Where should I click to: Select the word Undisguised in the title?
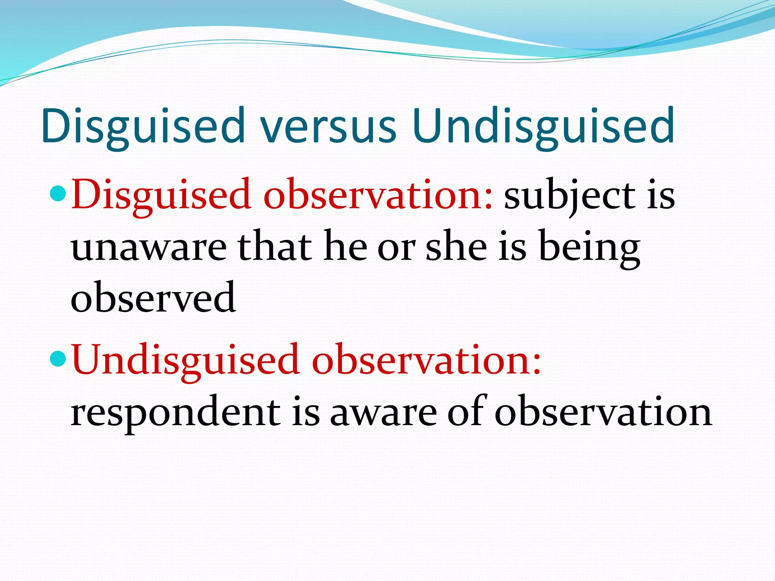[x=544, y=127]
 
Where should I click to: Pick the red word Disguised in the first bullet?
[x=161, y=195]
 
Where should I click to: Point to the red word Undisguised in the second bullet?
[x=185, y=359]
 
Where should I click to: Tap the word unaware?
[x=149, y=248]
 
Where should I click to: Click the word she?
[x=456, y=248]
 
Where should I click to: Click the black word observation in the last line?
[x=603, y=412]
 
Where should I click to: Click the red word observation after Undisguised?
[x=426, y=359]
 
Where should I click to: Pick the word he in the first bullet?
[x=345, y=248]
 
